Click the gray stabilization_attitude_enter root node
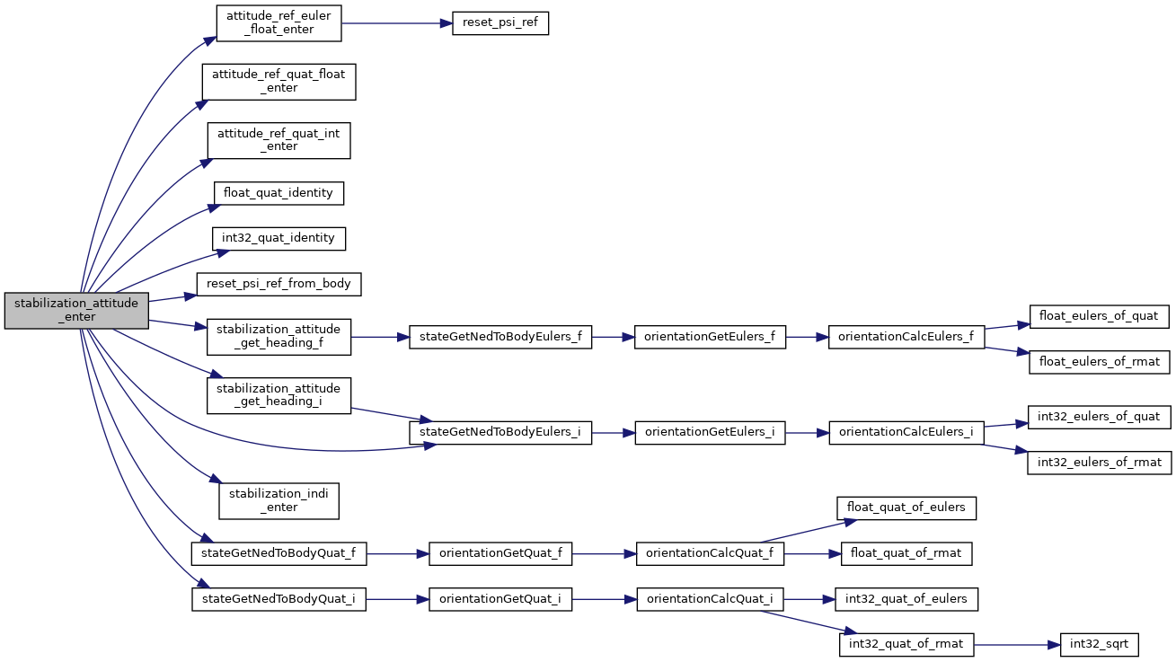[x=76, y=311]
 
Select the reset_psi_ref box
[x=500, y=23]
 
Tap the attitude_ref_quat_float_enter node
[x=279, y=82]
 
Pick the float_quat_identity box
[x=279, y=194]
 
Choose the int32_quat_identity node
[x=279, y=239]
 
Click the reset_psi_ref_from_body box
[x=279, y=284]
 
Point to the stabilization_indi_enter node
[x=279, y=501]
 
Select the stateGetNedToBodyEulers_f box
[x=500, y=337]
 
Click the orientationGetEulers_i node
[x=710, y=433]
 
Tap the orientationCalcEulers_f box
[x=906, y=337]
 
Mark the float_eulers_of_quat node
[x=1100, y=316]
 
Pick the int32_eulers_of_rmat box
[x=1100, y=463]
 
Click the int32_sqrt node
[x=1100, y=645]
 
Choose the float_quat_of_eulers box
[x=906, y=508]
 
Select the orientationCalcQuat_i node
[x=710, y=599]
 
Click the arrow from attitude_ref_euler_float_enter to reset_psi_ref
[x=397, y=23]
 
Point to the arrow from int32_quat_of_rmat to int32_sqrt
[x=1017, y=645]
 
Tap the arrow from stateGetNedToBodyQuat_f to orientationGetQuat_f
[x=397, y=554]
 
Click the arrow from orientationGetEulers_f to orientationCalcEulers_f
[x=807, y=337]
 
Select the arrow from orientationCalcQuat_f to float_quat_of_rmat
[x=812, y=554]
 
